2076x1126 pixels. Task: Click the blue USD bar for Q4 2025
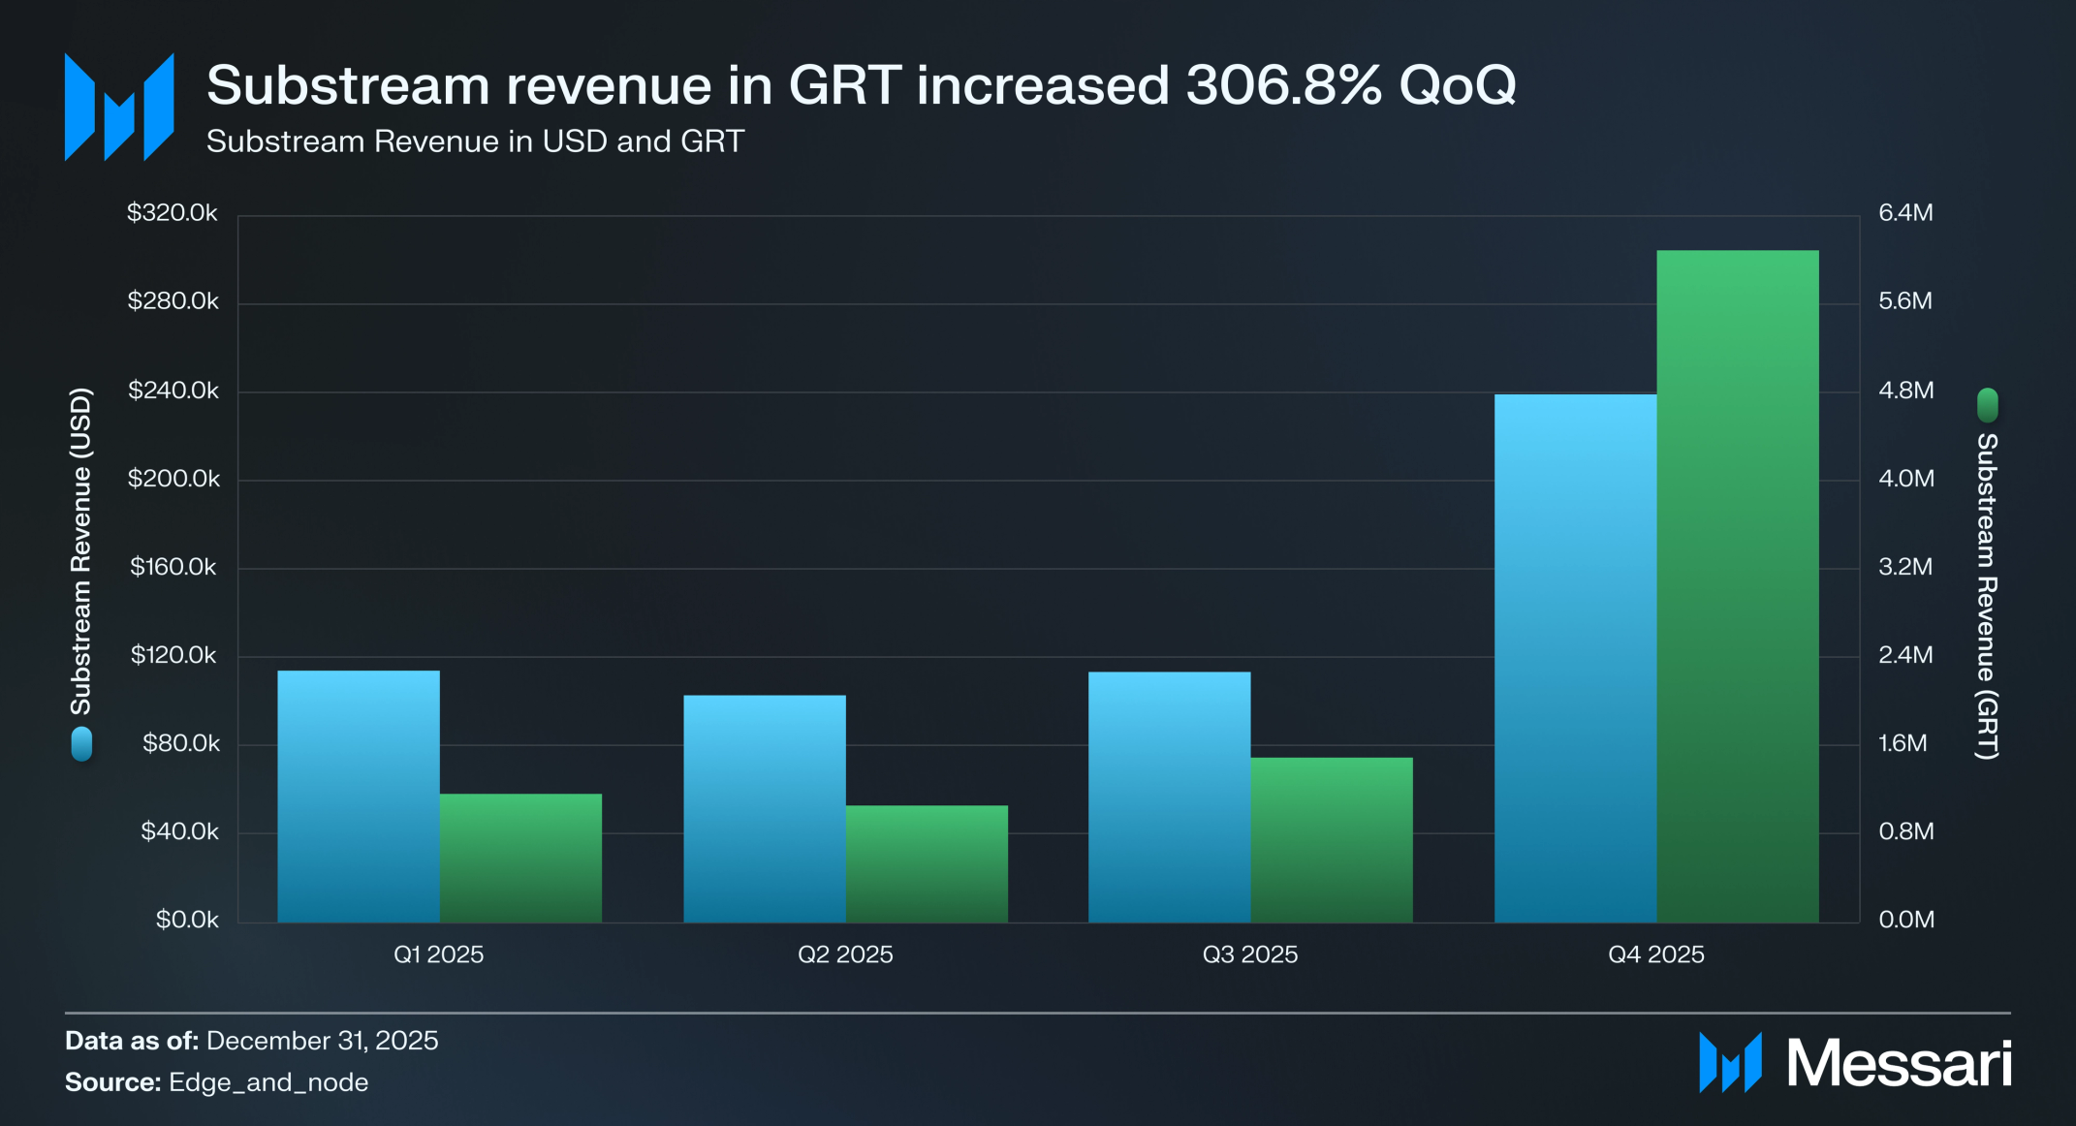tap(1575, 659)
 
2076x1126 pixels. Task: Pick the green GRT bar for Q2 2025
tap(927, 863)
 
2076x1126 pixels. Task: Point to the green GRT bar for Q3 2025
tap(1332, 839)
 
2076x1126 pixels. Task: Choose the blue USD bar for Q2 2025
tap(764, 808)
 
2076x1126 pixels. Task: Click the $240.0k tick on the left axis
tap(173, 391)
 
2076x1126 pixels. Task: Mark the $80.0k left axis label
tap(181, 743)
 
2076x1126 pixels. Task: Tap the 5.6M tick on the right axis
tap(1905, 301)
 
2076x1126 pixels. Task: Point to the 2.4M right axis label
tap(1905, 655)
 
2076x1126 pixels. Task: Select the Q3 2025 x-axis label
tap(1249, 954)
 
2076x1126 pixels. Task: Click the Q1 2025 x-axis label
tap(438, 954)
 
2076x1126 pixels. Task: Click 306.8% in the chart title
tap(1283, 85)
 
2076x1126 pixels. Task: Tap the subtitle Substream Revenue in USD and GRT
tap(475, 141)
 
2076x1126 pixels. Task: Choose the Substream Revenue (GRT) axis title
tap(1987, 595)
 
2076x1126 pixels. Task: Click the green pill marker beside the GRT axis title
tap(1987, 405)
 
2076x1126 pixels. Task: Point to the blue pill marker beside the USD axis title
tap(81, 743)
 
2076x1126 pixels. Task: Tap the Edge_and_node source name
tap(268, 1082)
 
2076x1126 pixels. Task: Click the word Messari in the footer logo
tap(1899, 1064)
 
